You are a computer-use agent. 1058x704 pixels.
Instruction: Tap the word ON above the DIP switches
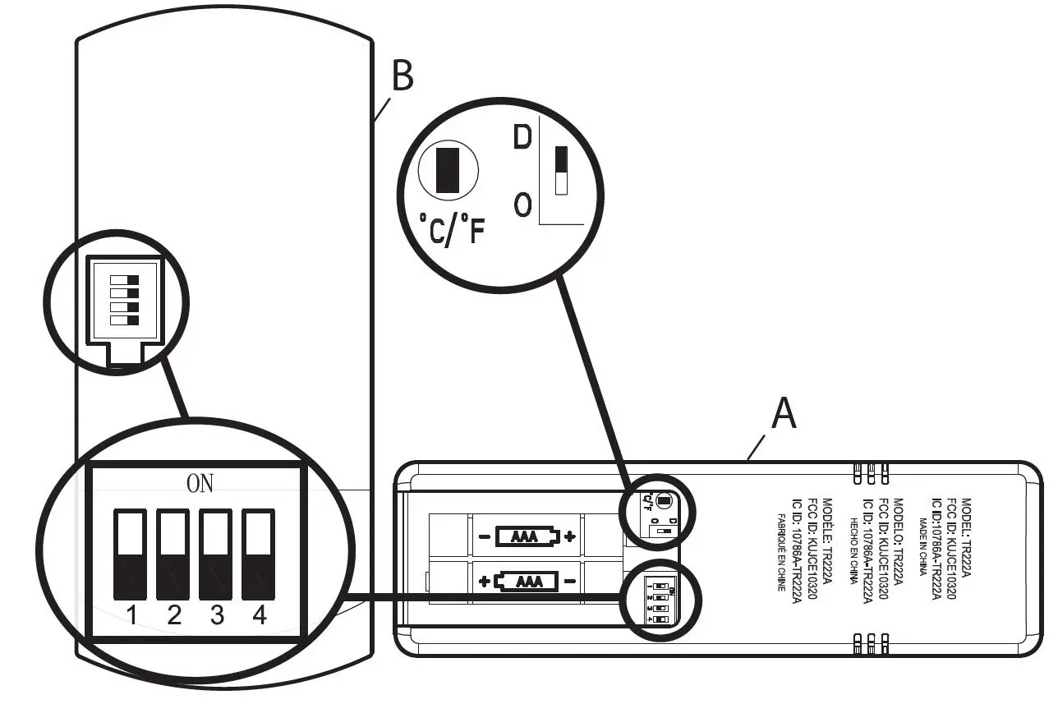tap(200, 484)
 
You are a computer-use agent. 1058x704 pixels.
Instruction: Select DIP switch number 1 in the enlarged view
tap(131, 554)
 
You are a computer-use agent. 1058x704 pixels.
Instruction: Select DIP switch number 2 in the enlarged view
tap(174, 554)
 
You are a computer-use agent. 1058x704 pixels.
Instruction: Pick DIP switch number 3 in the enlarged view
tap(217, 554)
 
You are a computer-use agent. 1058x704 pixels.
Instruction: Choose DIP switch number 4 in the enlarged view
tap(259, 554)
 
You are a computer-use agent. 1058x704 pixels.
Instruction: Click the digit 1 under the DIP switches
tap(131, 615)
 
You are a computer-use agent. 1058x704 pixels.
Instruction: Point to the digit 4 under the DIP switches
tap(260, 615)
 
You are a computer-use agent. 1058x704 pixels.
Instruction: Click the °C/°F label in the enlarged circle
tap(452, 231)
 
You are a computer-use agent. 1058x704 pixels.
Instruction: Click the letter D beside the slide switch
tap(522, 138)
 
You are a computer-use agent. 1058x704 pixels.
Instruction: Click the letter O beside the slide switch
tap(522, 205)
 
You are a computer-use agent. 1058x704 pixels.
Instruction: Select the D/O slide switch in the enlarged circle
tap(562, 171)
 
